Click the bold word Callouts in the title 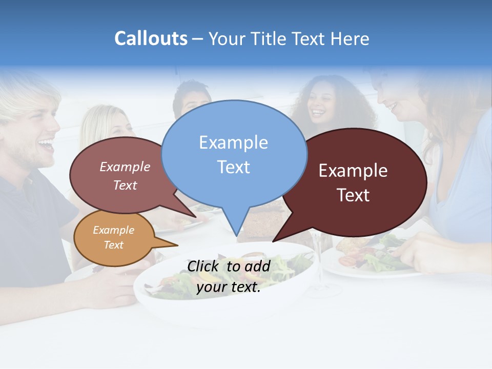(151, 38)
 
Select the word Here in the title (351, 39)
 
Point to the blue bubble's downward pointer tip (236, 234)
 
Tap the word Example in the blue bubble (233, 142)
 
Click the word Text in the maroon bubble (354, 195)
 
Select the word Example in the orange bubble (113, 230)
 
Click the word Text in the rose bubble (125, 186)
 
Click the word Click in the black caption (204, 266)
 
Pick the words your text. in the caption (229, 287)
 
